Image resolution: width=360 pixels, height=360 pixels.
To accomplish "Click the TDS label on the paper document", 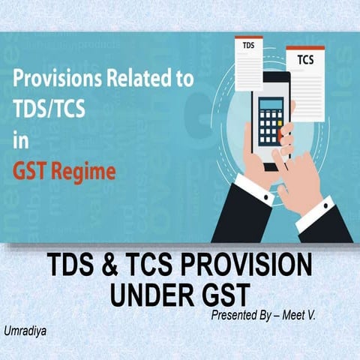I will (247, 46).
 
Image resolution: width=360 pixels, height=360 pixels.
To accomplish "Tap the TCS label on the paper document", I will (305, 58).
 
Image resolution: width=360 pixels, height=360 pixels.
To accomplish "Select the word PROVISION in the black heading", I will (248, 267).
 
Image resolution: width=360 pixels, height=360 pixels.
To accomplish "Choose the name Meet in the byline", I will (308, 316).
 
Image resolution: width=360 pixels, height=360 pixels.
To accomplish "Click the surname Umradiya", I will (24, 330).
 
